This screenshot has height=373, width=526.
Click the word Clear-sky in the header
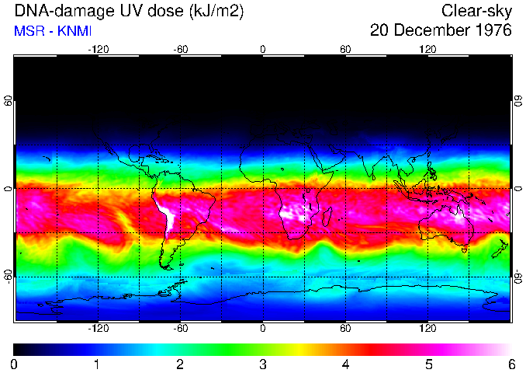coord(476,11)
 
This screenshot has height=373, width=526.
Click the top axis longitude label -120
coord(98,49)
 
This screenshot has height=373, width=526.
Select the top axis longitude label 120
coord(428,49)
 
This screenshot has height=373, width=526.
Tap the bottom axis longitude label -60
coord(181,329)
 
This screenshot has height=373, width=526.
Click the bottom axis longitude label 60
coord(345,329)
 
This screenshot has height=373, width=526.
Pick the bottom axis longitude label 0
coord(263,329)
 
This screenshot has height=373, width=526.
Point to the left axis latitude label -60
coord(9,276)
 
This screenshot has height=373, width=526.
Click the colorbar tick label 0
coord(15,364)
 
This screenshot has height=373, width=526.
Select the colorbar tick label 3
coord(263,364)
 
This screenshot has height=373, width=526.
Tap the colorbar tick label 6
coord(511,364)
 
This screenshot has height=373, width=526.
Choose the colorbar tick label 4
coord(345,364)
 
